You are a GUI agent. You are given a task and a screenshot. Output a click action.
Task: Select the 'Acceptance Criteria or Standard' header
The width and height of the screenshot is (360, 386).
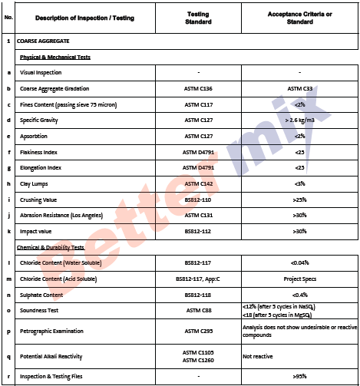click(299, 18)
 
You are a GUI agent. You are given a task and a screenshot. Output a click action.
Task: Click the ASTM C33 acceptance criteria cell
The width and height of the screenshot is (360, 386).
click(299, 89)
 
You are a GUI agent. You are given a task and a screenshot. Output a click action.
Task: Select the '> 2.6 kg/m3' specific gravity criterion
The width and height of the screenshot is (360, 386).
click(299, 120)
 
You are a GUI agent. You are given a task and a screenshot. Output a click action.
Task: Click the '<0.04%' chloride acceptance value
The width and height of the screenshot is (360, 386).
click(299, 263)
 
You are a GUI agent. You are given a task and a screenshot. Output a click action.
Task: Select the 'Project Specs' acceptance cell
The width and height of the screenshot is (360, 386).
click(299, 279)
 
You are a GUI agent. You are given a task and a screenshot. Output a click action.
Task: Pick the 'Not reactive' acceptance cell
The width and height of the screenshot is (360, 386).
click(258, 356)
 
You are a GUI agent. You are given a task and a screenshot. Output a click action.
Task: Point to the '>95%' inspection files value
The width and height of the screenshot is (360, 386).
click(299, 377)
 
